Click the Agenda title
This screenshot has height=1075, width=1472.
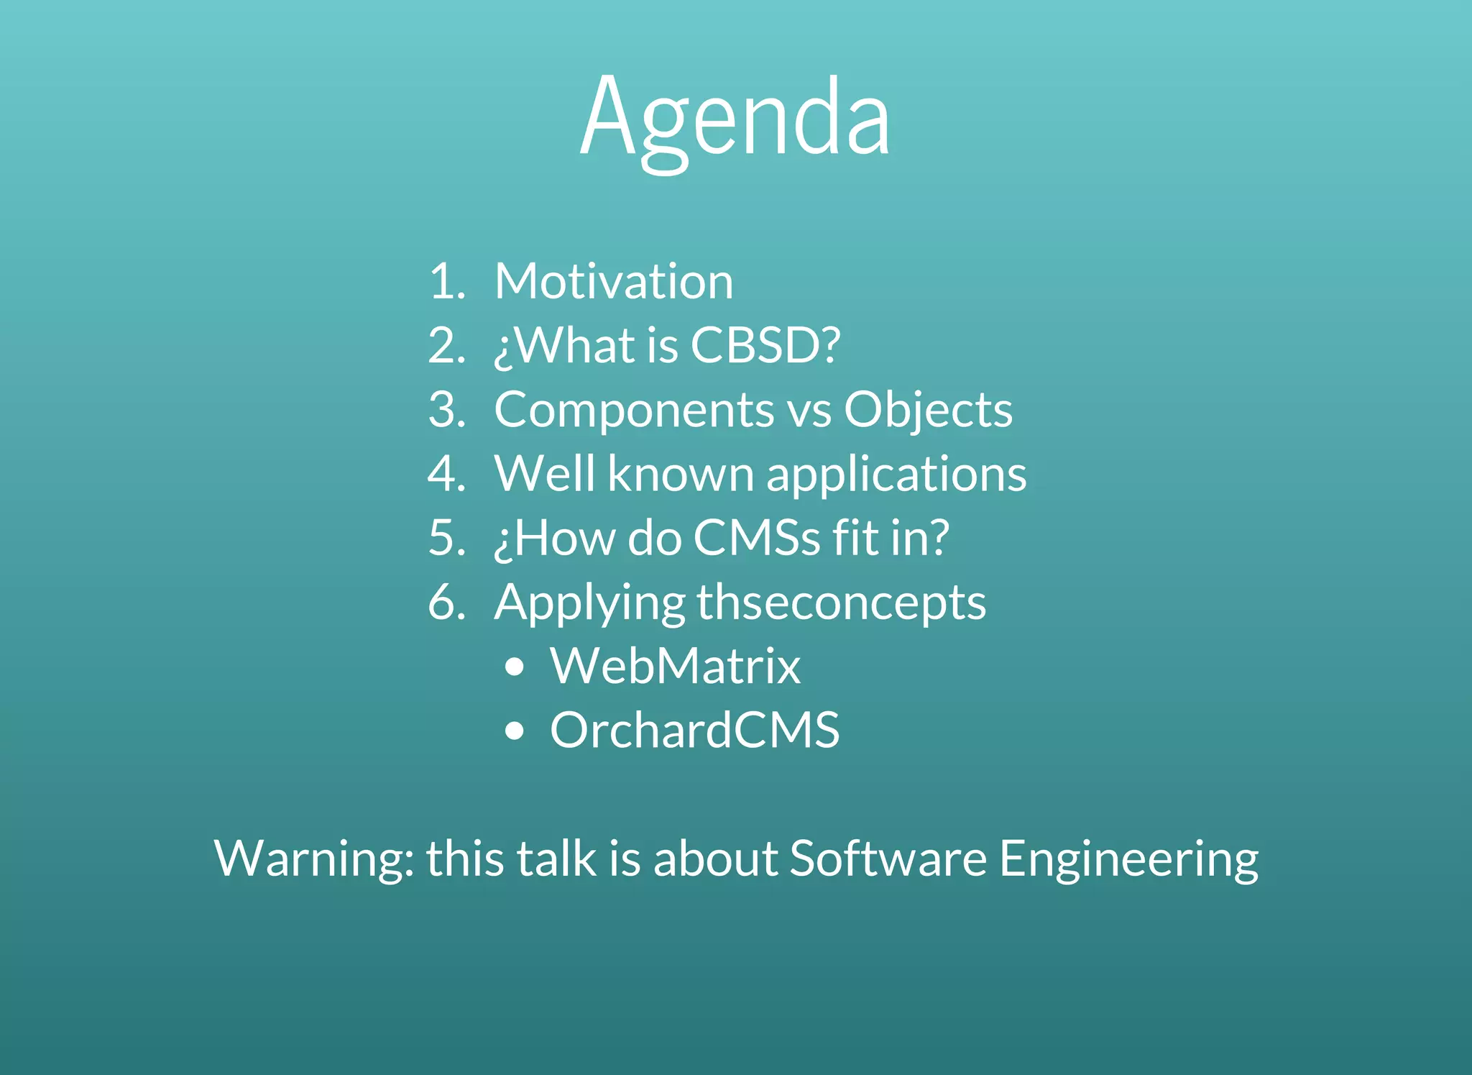tap(735, 119)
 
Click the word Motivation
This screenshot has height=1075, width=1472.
tap(614, 281)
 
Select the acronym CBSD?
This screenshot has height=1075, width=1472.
tap(765, 345)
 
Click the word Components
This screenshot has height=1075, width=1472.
tap(634, 410)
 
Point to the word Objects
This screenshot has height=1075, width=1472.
tap(927, 410)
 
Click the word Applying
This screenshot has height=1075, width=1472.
tap(589, 603)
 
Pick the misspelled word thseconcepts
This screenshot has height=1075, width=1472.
tap(841, 603)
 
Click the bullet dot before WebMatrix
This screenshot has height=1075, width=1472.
tap(515, 667)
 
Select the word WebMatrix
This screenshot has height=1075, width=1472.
tap(675, 666)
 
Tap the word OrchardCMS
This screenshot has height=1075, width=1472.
tap(694, 731)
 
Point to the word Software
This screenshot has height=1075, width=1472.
tap(888, 858)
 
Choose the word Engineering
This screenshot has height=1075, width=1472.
tap(1128, 859)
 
